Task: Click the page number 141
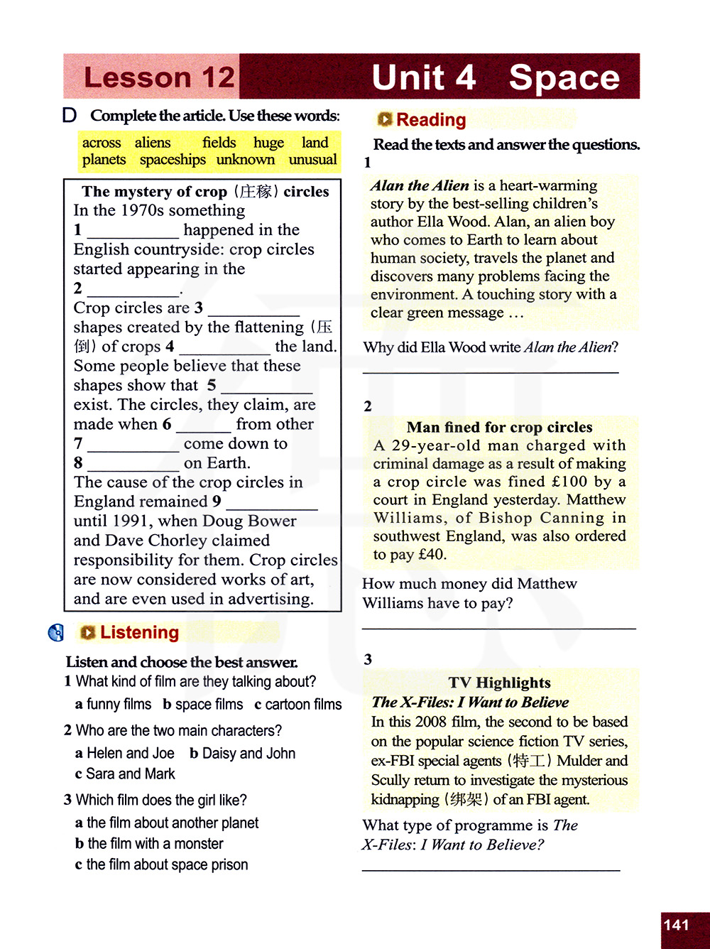click(x=676, y=925)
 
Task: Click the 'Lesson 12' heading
click(x=159, y=77)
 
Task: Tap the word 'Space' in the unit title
click(x=564, y=77)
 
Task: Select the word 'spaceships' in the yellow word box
click(x=173, y=160)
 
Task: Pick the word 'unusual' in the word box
click(x=312, y=160)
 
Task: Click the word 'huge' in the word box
click(x=268, y=143)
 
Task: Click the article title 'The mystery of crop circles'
click(x=205, y=192)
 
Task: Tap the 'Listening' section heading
click(x=139, y=632)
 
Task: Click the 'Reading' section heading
click(x=431, y=120)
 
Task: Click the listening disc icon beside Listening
click(x=56, y=632)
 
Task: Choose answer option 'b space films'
click(x=202, y=705)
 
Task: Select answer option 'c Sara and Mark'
click(x=125, y=774)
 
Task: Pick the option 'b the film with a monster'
click(x=149, y=844)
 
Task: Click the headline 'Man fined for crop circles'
click(x=499, y=427)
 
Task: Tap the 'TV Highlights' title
click(x=499, y=683)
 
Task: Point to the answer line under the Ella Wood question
click(x=491, y=372)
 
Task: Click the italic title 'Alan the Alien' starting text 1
click(x=420, y=186)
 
